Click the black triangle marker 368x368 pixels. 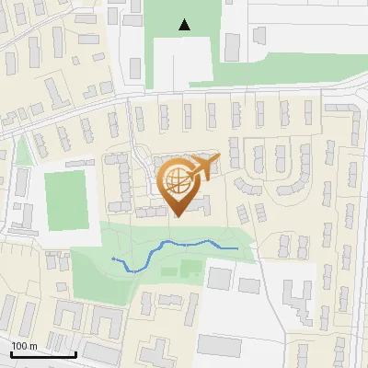click(186, 25)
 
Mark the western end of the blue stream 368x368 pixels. click(113, 259)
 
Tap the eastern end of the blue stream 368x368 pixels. click(237, 248)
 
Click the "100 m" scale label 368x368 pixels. click(24, 347)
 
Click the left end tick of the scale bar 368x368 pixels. click(11, 352)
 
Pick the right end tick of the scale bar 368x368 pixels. click(76, 352)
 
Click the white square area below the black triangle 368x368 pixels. click(183, 61)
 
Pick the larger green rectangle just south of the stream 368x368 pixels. click(191, 269)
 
